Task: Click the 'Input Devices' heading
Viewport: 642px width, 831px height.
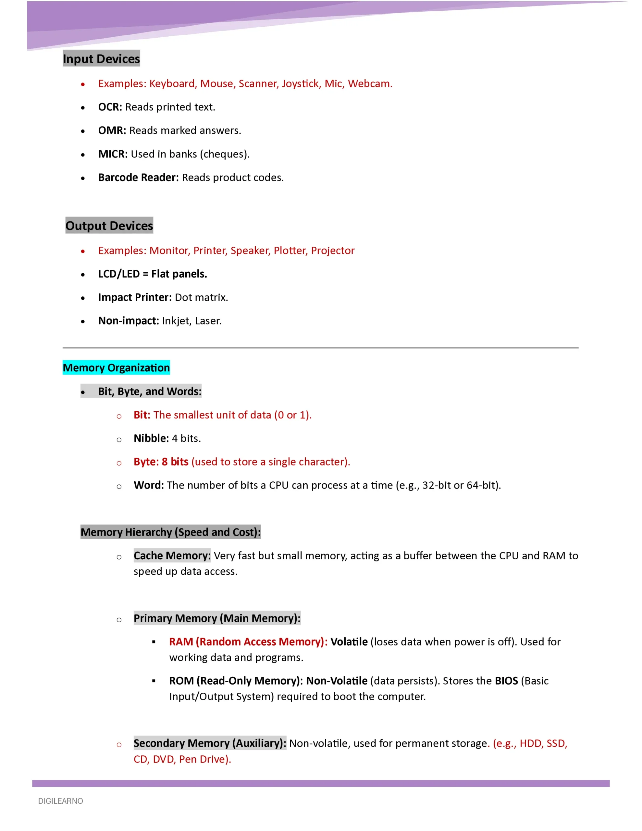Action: (101, 59)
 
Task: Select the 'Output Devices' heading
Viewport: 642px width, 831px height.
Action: (109, 226)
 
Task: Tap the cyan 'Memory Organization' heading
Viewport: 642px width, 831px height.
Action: (116, 367)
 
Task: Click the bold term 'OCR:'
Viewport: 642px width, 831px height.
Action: (110, 107)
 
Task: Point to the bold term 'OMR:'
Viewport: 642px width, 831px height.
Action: (112, 130)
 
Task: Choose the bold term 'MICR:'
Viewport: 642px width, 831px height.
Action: (113, 154)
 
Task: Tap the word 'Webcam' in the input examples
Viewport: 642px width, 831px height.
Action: (369, 84)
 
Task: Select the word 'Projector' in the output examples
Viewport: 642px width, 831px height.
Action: (333, 250)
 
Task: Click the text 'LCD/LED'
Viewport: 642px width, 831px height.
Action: (119, 274)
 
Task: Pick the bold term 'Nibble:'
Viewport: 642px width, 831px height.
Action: (151, 438)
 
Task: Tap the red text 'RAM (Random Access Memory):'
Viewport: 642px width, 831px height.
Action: (248, 642)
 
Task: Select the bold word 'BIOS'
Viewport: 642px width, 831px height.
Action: (506, 681)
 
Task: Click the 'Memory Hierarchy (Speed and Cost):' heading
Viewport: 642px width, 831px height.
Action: (170, 532)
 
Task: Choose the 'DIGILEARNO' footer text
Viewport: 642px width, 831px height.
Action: (60, 801)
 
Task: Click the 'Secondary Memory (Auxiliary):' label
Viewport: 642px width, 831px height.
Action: (210, 743)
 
